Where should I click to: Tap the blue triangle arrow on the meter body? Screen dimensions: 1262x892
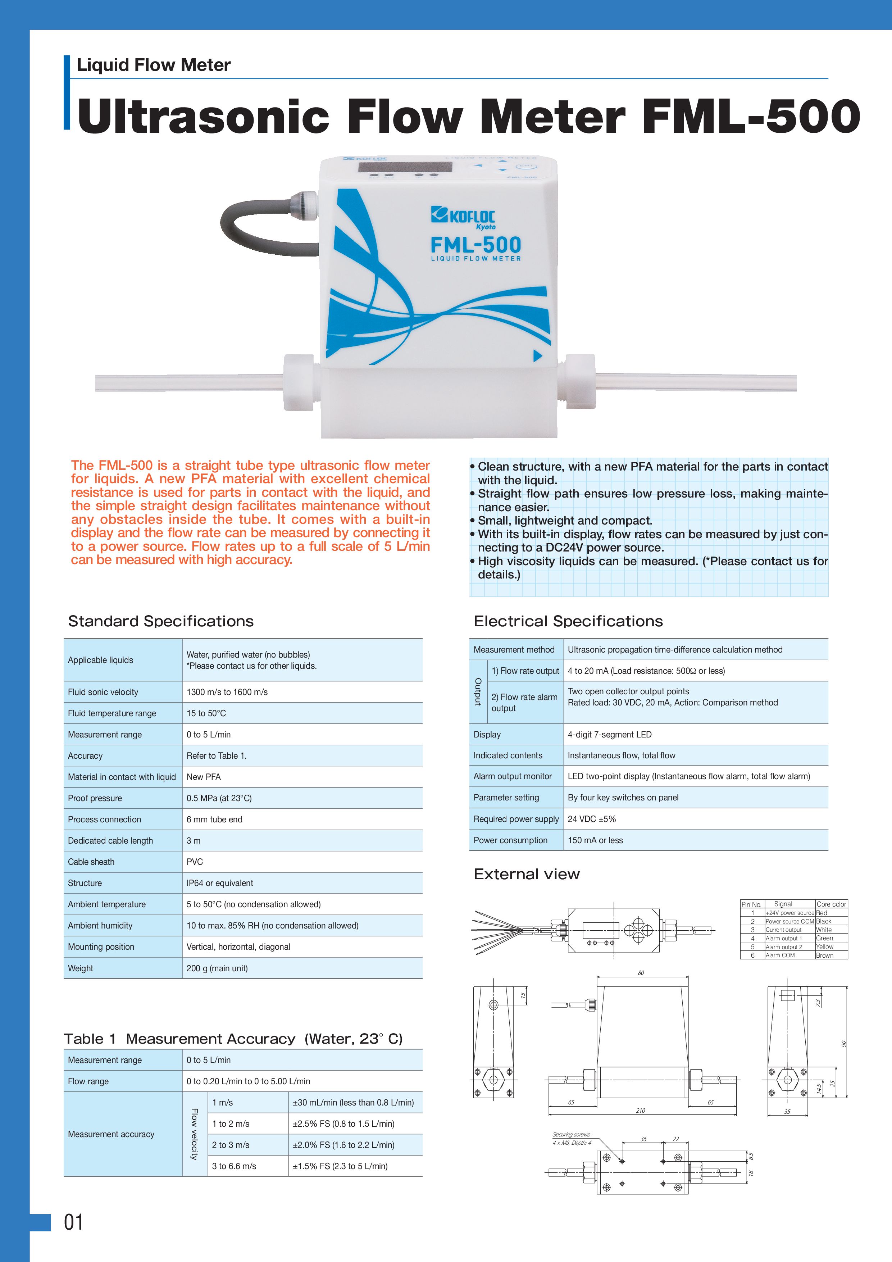(x=537, y=356)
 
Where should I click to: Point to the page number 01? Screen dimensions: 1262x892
(x=74, y=1222)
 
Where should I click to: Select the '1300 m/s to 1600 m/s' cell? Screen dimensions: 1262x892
(x=227, y=692)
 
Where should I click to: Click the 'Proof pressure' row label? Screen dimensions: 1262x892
(x=95, y=798)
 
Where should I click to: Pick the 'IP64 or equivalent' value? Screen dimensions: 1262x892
(x=220, y=883)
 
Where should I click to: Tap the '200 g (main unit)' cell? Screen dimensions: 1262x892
(x=217, y=968)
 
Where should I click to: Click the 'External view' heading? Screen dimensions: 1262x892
(x=527, y=874)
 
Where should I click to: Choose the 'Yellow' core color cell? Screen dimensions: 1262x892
(x=824, y=946)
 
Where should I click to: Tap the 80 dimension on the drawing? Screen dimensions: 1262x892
(x=641, y=973)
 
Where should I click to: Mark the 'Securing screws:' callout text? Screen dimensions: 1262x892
(x=572, y=1135)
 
